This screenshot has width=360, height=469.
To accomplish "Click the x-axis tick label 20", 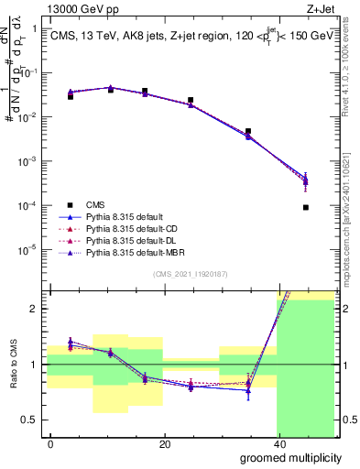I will [164, 443].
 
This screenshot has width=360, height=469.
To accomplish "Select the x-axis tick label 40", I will [278, 443].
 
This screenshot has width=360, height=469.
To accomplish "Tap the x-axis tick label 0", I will [50, 443].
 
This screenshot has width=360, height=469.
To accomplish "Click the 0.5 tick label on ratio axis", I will [31, 420].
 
